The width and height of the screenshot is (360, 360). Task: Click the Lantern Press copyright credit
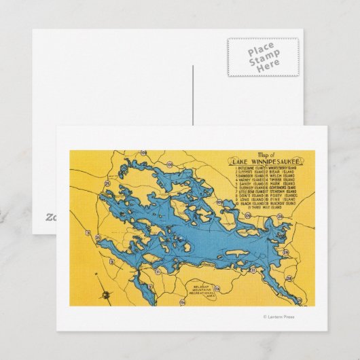tap(279, 317)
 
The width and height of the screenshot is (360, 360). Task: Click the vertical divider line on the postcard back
tap(194, 95)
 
